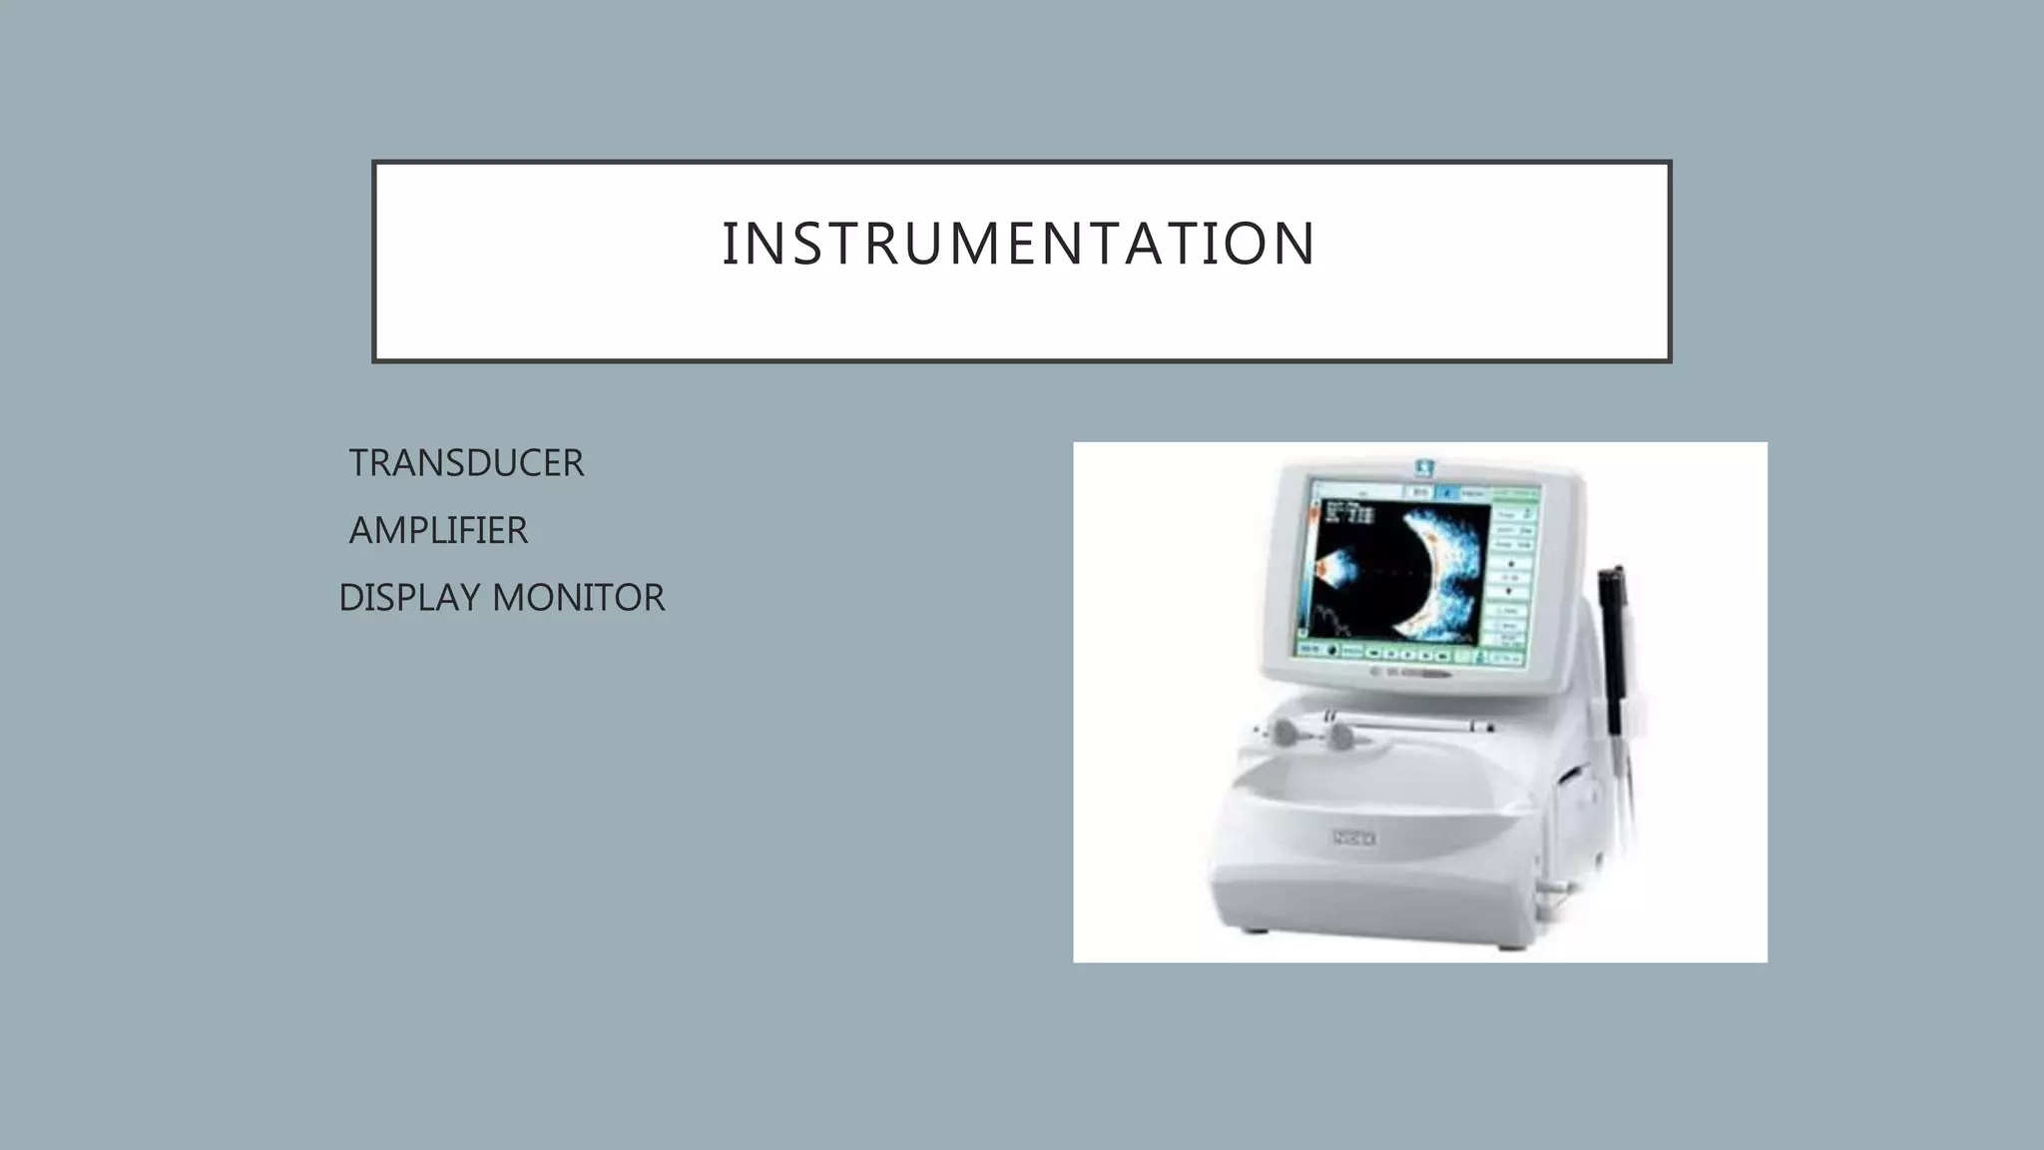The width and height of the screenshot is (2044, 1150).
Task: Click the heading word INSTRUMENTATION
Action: click(1019, 244)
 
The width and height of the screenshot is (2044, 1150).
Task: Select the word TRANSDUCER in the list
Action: click(466, 463)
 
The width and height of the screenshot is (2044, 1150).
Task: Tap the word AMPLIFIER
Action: click(438, 530)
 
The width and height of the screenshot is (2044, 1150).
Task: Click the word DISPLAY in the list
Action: click(409, 598)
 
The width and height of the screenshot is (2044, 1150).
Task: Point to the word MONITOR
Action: click(579, 598)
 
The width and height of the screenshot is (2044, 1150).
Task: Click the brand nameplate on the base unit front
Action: click(1354, 839)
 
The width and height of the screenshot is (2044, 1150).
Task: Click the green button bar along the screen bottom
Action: click(1412, 654)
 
